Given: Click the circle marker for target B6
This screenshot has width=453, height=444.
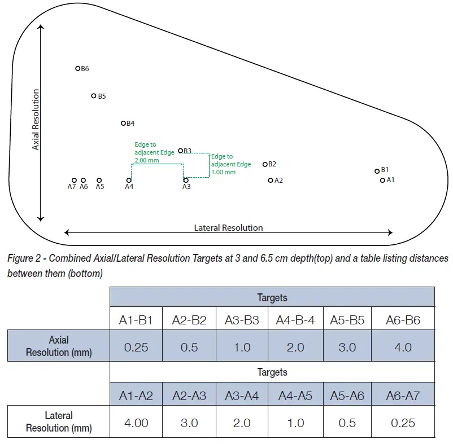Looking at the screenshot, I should coord(78,68).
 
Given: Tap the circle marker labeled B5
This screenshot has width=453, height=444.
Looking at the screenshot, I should coord(94,96).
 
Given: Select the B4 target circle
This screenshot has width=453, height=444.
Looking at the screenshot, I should coord(123,123).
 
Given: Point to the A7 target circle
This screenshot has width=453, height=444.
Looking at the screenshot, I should coord(74,181).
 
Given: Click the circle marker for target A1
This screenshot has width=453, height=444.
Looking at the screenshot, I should coord(382,181).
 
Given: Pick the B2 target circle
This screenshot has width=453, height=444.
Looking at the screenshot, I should coord(265,164).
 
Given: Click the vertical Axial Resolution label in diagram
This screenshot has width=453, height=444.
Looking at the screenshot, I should coord(36,119).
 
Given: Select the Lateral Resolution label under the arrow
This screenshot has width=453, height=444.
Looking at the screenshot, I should coord(228,228).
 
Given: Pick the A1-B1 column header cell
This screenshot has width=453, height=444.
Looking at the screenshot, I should coord(136,320).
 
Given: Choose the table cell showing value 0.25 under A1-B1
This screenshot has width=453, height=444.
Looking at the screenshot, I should coord(136,347).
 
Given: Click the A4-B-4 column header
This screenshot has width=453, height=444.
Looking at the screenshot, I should coord(295,320).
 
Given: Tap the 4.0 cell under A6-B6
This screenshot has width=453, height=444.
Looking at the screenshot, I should coord(403,347).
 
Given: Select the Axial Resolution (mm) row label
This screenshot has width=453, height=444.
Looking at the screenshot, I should coord(59,346).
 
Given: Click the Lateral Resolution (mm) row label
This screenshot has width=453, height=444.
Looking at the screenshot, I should coord(59,422).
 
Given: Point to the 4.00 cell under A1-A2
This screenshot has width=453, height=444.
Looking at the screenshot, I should coord(136,423).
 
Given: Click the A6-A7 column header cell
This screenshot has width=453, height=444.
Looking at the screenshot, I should coord(403,395).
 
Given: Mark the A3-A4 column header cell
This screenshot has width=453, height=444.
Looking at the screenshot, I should coord(242,395).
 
